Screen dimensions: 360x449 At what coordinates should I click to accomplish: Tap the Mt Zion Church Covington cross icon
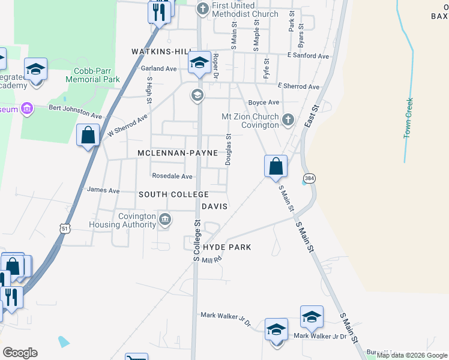coord(288,120)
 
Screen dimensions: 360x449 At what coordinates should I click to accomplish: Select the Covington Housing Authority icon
coord(165,221)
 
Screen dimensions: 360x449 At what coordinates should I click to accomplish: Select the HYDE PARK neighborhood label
coord(227,247)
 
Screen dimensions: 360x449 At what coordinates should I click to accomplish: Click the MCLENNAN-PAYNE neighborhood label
coord(177,154)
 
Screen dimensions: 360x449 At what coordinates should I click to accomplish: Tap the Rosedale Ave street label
coord(172,176)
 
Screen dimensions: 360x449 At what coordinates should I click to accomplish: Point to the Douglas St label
coord(228,149)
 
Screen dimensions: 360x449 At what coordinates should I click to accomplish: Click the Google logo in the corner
coord(20,353)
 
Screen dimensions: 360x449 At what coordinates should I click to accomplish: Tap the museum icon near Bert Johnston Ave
coord(26,108)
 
